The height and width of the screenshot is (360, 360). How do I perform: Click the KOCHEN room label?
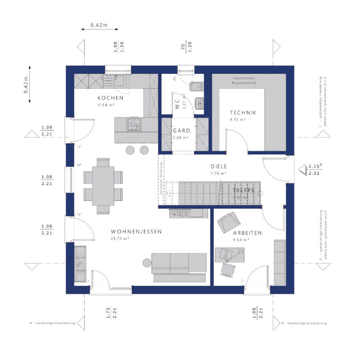[110, 98]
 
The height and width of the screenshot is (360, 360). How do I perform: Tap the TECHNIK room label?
[243, 112]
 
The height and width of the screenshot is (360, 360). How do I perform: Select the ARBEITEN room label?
[247, 233]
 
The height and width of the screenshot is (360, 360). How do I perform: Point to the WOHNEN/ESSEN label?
[136, 232]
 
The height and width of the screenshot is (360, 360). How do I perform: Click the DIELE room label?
[218, 166]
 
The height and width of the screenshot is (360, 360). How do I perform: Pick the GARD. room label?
[182, 131]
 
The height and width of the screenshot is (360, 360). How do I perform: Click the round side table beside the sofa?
[146, 263]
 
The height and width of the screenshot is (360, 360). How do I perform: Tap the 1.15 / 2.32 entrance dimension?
[314, 170]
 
